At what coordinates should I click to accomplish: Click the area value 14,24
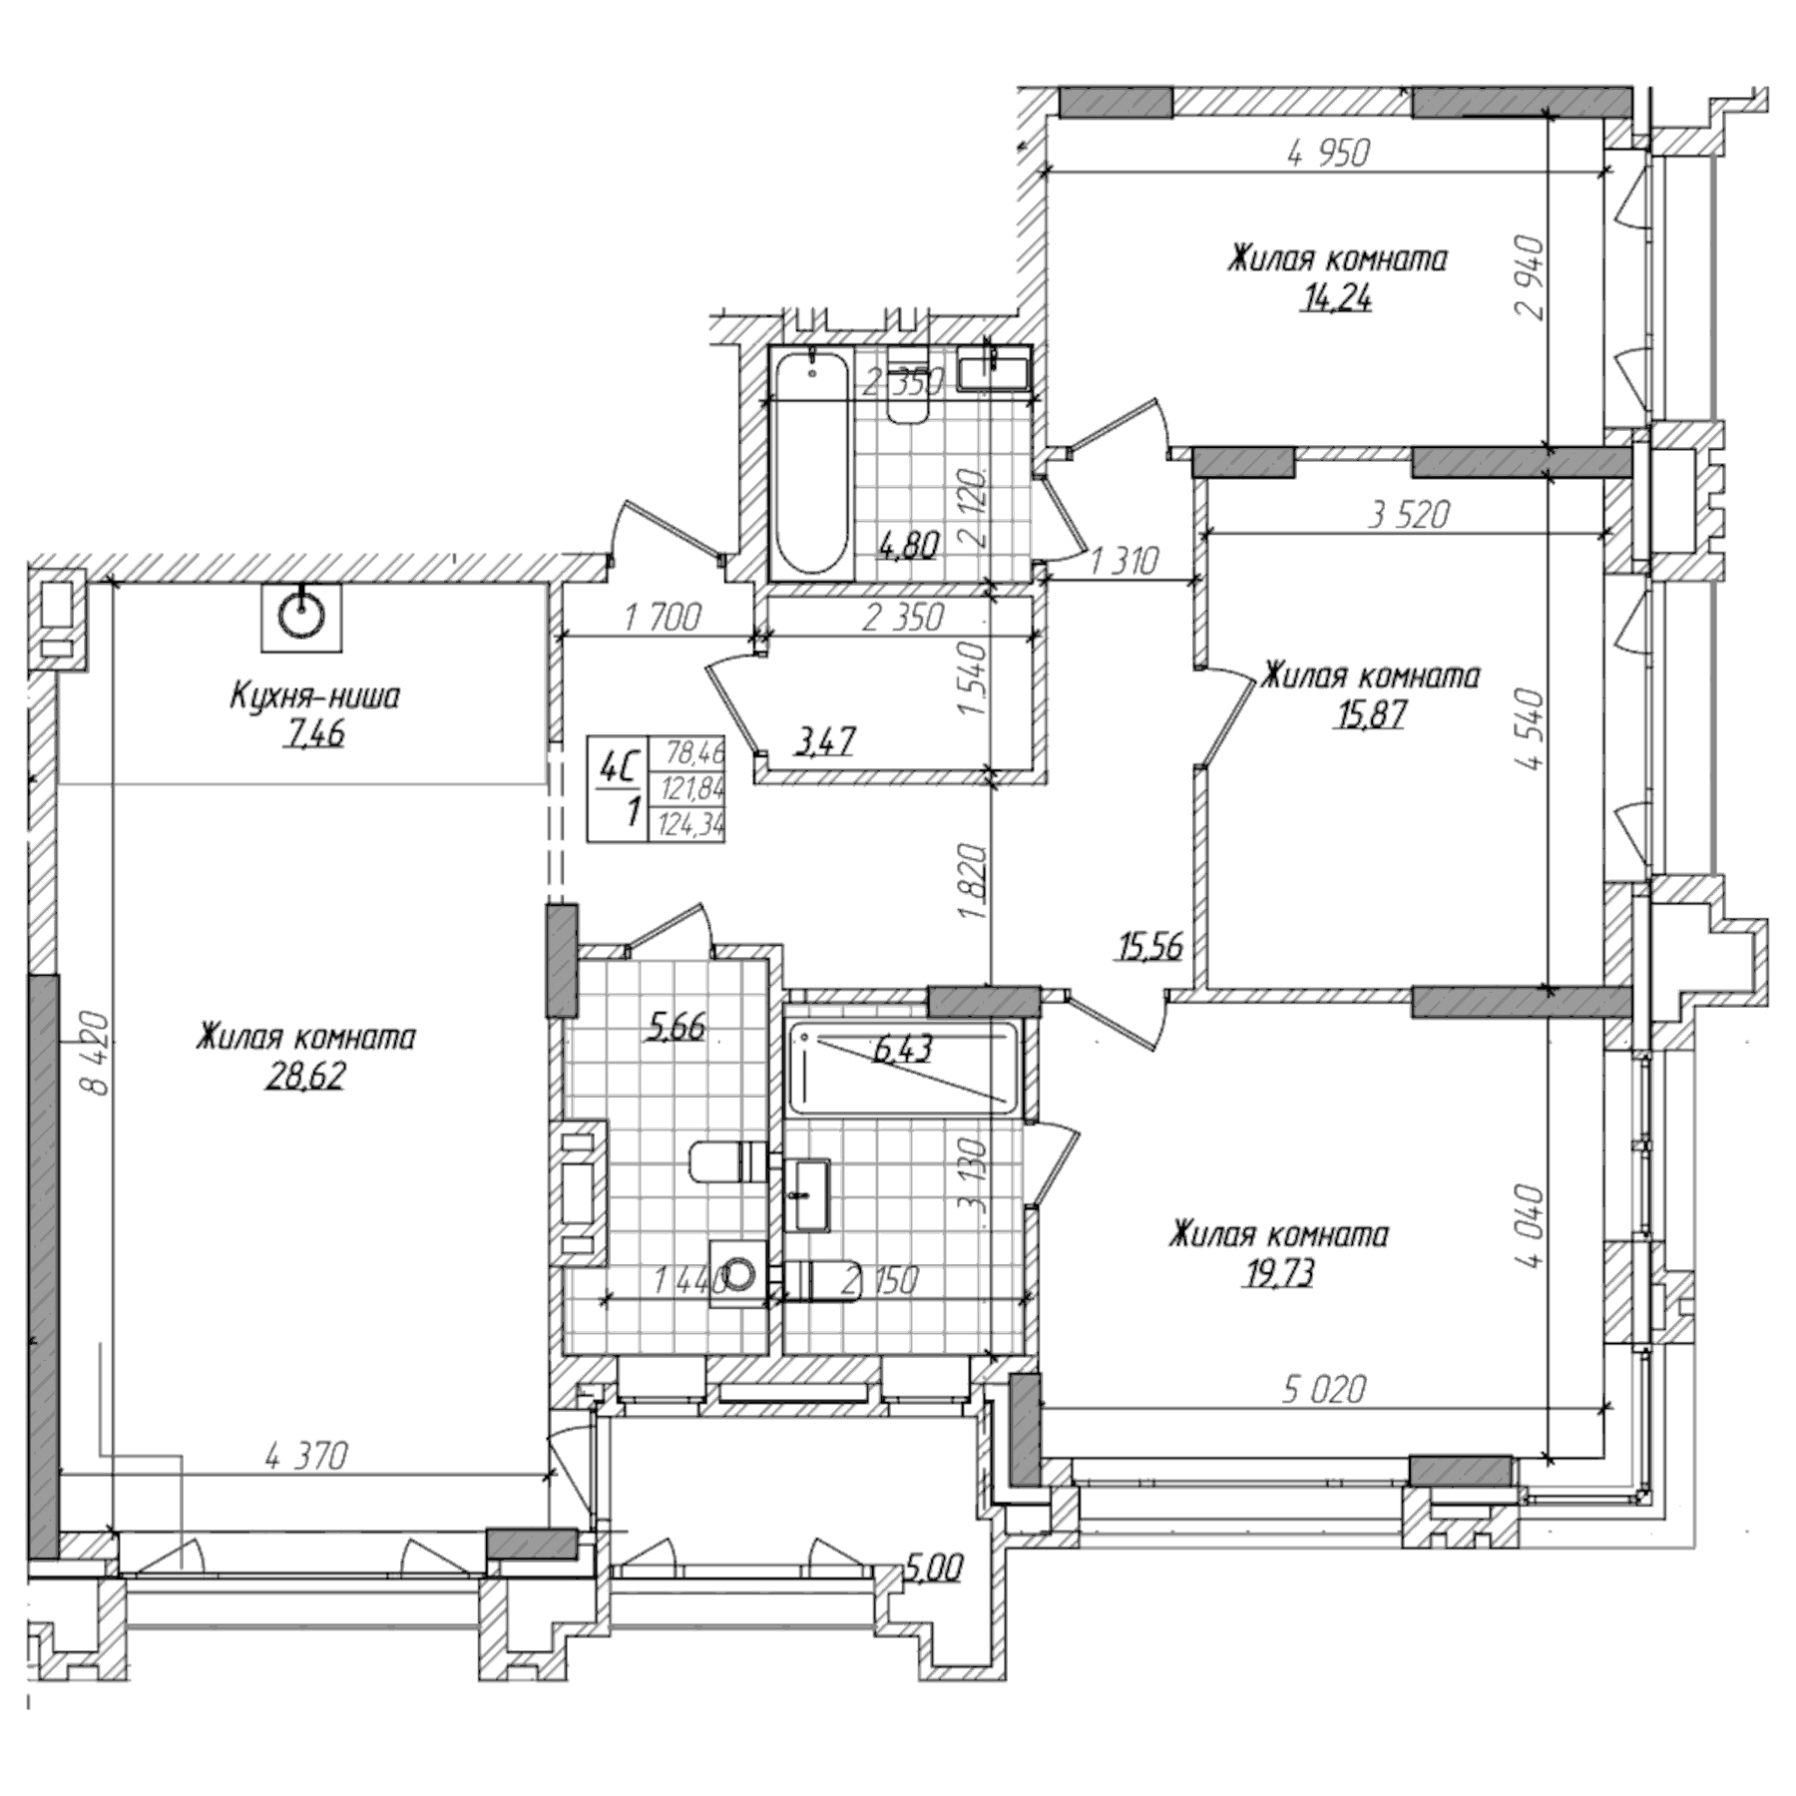1335,297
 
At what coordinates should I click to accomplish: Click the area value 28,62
304,1077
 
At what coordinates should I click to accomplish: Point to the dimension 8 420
95,1055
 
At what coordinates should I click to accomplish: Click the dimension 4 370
306,1458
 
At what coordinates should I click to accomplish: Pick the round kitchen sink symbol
301,617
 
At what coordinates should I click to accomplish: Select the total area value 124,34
687,825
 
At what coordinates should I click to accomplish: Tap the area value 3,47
824,741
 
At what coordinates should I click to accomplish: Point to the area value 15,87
1369,714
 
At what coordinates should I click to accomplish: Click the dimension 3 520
1408,515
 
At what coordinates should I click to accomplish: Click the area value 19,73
1277,1273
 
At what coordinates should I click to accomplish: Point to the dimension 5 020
1323,1388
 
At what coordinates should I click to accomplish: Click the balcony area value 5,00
934,1569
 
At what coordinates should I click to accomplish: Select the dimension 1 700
662,618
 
